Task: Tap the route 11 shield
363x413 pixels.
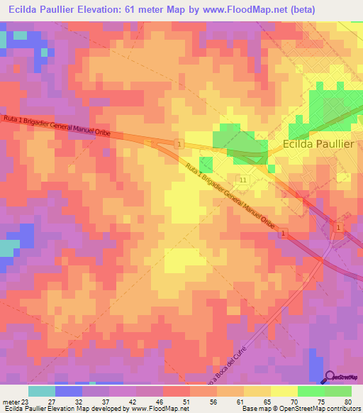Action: [x=243, y=181]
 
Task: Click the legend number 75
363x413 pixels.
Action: [x=323, y=402]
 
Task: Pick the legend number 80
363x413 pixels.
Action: [x=349, y=402]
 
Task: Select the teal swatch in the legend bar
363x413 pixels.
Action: [x=42, y=391]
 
